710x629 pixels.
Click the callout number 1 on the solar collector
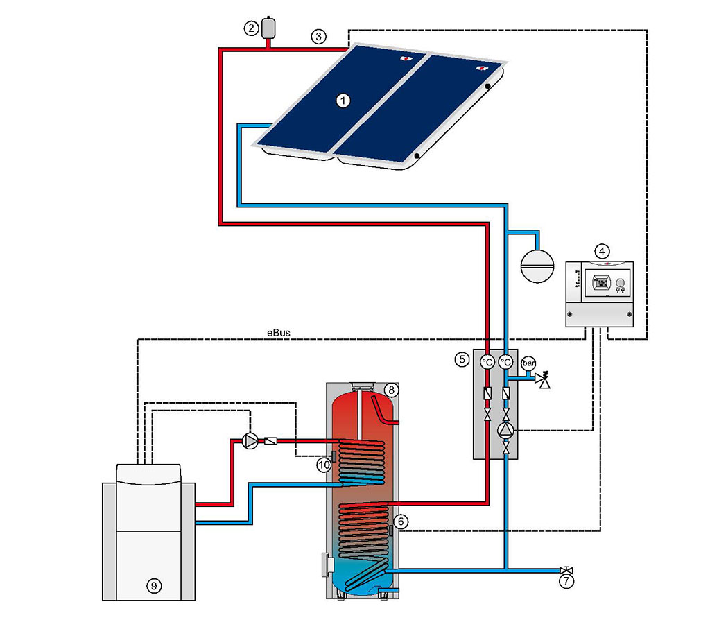(x=343, y=100)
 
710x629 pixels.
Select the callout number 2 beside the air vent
(x=251, y=28)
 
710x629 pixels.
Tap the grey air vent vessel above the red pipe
(x=268, y=28)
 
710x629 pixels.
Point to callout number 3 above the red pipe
(x=318, y=36)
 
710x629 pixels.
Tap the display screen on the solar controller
(x=601, y=283)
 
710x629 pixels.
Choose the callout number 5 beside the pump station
(x=462, y=359)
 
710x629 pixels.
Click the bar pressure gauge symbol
(x=528, y=363)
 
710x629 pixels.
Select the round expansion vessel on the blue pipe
(x=537, y=266)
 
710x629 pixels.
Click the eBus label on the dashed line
(x=279, y=333)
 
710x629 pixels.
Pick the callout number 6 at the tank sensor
(x=401, y=522)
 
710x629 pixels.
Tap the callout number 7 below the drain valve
(x=566, y=581)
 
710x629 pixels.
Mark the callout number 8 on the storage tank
(x=391, y=390)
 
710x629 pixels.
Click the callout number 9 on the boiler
(x=154, y=586)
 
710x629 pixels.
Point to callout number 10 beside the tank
(x=324, y=465)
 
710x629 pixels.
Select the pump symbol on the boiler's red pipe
(x=250, y=440)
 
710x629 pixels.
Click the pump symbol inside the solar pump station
(x=505, y=430)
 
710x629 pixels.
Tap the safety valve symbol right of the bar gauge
(x=542, y=379)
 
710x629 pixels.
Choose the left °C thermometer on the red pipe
(x=487, y=362)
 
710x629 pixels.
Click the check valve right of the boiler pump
(x=271, y=440)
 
